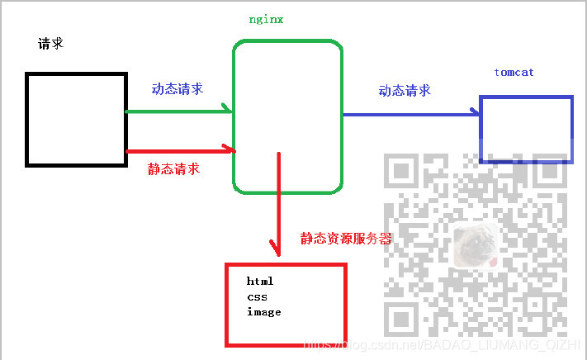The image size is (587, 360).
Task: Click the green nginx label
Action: click(x=266, y=19)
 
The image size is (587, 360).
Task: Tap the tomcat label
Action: click(x=514, y=73)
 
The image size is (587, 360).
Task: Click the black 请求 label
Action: click(x=50, y=44)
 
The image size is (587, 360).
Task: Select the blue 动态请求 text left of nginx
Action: click(x=177, y=89)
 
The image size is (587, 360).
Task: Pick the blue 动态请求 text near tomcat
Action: click(x=405, y=91)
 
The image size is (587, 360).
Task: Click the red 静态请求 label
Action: click(x=173, y=168)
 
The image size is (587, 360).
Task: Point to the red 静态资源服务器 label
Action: click(x=346, y=239)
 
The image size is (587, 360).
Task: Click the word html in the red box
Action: click(x=259, y=282)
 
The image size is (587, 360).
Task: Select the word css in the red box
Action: click(x=256, y=296)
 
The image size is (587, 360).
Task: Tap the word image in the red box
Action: click(x=263, y=312)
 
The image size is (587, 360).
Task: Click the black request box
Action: click(x=75, y=119)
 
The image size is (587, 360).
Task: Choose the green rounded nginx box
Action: click(x=287, y=116)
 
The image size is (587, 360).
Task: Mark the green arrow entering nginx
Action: click(x=178, y=110)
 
